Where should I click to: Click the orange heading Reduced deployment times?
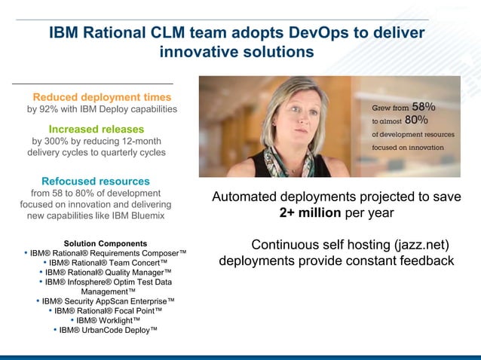(x=102, y=97)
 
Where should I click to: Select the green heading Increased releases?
(x=97, y=129)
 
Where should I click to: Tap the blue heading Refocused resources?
(x=96, y=182)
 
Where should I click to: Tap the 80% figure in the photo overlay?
(x=415, y=120)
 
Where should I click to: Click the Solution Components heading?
(x=106, y=243)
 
